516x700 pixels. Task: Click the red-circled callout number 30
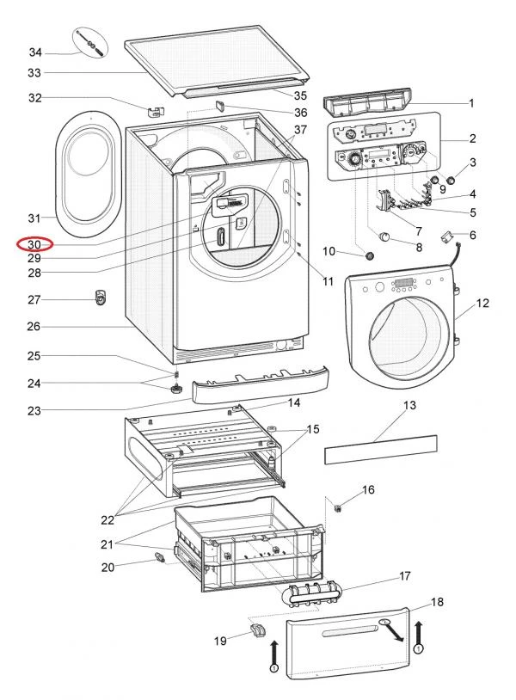(34, 245)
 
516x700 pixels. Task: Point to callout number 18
(437, 602)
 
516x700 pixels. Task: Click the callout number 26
(34, 327)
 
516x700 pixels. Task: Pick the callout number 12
(482, 304)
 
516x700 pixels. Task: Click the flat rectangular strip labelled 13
(380, 449)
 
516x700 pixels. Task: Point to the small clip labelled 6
(447, 235)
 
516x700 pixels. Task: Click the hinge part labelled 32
(156, 110)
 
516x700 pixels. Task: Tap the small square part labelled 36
(218, 107)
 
